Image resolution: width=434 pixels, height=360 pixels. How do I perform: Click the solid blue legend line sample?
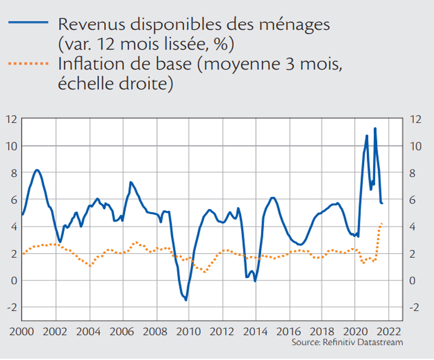pos(29,22)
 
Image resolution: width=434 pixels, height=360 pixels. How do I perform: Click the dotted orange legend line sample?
pos(29,63)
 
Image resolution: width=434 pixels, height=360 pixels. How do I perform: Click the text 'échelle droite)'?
pos(115,84)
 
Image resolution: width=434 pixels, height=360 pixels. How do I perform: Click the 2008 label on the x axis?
pos(155,331)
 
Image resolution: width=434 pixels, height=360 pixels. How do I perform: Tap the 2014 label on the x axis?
pos(255,331)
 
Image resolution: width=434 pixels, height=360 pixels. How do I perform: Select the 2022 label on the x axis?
pos(389,331)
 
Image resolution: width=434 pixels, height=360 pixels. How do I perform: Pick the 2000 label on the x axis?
pos(22,331)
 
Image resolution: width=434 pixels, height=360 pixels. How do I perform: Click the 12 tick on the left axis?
pos(12,119)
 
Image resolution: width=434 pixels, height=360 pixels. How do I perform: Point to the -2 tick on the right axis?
pos(414,308)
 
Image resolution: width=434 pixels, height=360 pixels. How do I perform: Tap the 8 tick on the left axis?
pos(14,173)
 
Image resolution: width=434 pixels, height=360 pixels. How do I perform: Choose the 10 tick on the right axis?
pos(415,146)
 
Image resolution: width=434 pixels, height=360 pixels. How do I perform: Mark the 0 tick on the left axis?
pos(14,281)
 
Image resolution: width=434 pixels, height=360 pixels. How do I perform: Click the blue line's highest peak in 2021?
pos(375,128)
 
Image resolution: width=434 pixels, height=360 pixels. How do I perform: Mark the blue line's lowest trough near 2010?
pos(186,300)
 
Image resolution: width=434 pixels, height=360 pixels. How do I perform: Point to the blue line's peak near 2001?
pos(37,170)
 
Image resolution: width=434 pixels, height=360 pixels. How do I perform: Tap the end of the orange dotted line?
pos(382,223)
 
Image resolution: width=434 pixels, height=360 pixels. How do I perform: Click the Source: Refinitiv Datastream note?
pos(347,342)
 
